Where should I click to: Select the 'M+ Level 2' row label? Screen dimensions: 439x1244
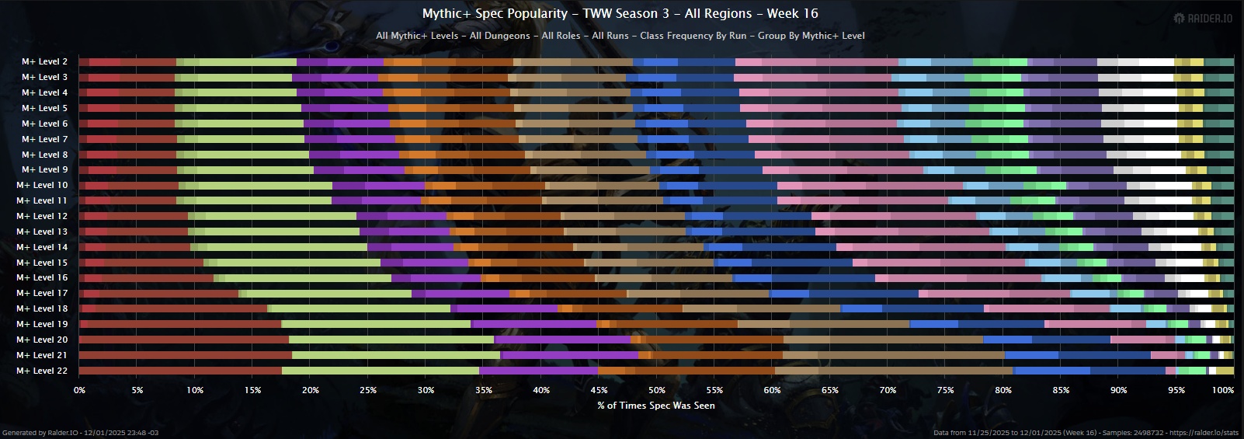tap(44, 61)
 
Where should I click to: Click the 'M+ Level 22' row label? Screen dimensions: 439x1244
tap(42, 371)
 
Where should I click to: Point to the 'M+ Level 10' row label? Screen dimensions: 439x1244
tap(42, 185)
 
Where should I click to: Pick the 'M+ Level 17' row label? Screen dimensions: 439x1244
tap(42, 293)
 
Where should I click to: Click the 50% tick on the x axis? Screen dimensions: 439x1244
tap(656, 390)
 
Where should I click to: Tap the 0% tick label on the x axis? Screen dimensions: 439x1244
tap(79, 390)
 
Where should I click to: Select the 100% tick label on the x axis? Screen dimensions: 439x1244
tap(1222, 390)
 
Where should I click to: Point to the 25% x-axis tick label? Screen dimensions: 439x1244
tap(368, 390)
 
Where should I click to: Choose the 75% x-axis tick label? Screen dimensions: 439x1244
tap(945, 390)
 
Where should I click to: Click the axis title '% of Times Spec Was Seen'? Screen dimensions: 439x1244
tap(656, 405)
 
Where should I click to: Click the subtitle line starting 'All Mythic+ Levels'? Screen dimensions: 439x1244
tap(620, 36)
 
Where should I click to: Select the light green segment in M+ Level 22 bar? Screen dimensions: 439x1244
tap(380, 371)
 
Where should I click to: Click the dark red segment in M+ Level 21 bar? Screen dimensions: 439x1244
tap(186, 355)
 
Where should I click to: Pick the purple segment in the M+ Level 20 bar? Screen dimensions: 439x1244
tap(563, 340)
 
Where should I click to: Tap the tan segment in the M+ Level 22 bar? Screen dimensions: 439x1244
tap(893, 371)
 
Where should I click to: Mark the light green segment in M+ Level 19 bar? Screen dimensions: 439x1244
tap(376, 324)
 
